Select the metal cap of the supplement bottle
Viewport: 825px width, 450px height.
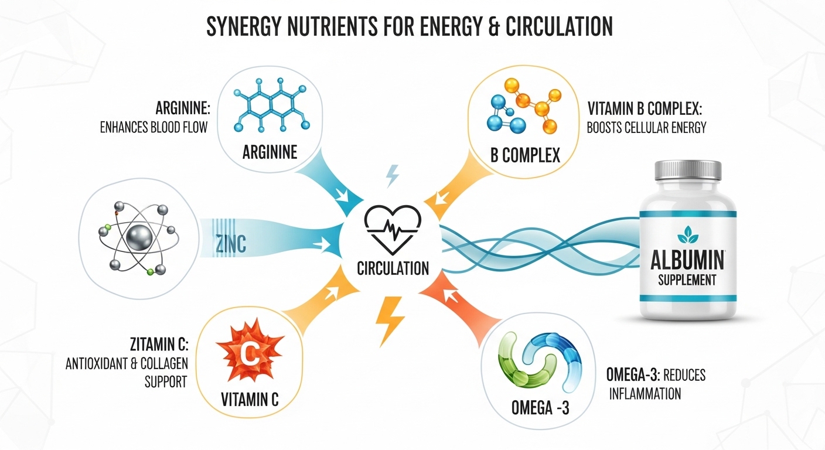688,170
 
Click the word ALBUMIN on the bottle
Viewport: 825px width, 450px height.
687,260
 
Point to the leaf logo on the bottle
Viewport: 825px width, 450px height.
688,234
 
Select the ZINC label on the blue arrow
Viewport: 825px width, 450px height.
230,244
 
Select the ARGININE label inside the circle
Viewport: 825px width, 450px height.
270,152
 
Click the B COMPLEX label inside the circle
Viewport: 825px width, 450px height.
525,155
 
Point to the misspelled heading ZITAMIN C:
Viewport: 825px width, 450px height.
159,345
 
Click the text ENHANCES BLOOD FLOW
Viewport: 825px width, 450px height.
154,127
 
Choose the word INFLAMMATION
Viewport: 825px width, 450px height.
645,394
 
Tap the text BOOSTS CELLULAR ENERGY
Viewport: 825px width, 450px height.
646,128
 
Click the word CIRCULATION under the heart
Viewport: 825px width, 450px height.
393,268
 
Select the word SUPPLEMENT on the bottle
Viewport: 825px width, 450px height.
687,280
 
